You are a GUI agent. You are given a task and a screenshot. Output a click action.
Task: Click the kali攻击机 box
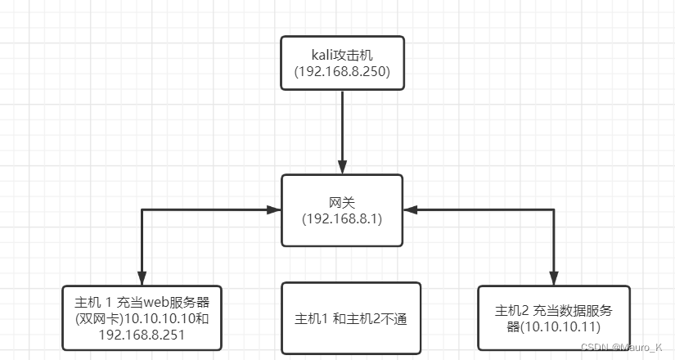tap(342, 63)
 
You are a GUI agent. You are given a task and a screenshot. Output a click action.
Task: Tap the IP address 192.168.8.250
tap(342, 73)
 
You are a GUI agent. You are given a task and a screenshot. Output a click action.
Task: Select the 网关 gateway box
tap(342, 210)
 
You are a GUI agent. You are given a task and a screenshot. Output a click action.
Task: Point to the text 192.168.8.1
tap(342, 219)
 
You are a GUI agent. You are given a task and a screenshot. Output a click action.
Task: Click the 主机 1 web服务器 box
tap(142, 318)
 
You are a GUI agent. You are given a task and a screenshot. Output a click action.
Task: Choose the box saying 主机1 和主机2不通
tap(350, 318)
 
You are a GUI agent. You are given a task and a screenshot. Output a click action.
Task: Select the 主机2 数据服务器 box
tap(554, 318)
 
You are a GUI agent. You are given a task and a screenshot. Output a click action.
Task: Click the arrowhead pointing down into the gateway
tap(342, 166)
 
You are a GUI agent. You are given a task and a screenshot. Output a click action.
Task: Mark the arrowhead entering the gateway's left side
tap(274, 210)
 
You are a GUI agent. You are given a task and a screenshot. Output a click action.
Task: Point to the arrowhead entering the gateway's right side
tap(410, 210)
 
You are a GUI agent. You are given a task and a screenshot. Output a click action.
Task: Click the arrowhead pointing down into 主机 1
tap(142, 278)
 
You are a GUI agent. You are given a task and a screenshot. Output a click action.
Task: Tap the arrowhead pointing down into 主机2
tap(554, 278)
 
